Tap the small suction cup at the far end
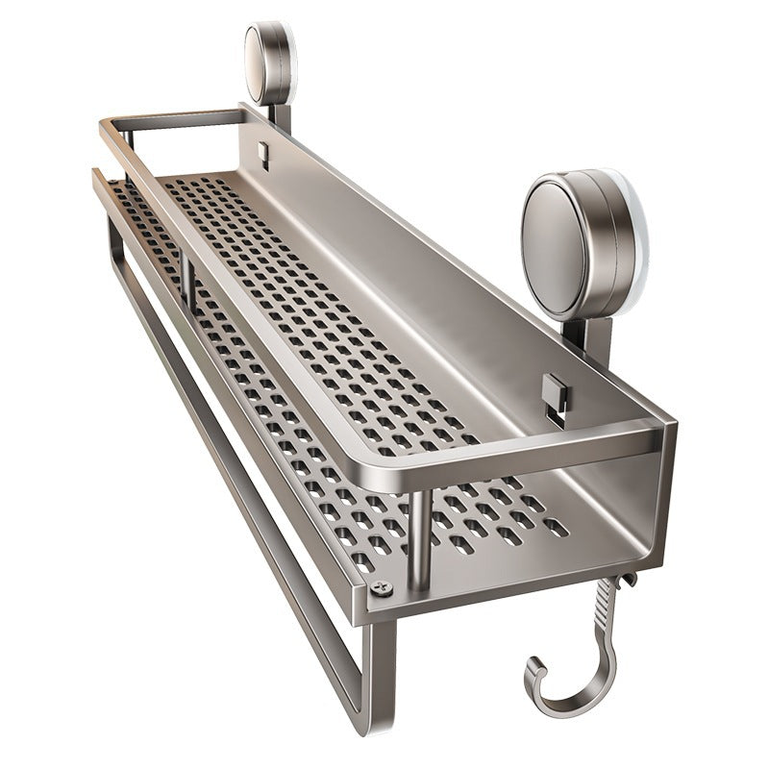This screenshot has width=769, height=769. click(265, 63)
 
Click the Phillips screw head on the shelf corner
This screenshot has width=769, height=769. click(382, 587)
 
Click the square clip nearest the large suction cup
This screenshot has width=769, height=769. click(553, 392)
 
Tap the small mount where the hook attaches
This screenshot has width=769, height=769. click(627, 580)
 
